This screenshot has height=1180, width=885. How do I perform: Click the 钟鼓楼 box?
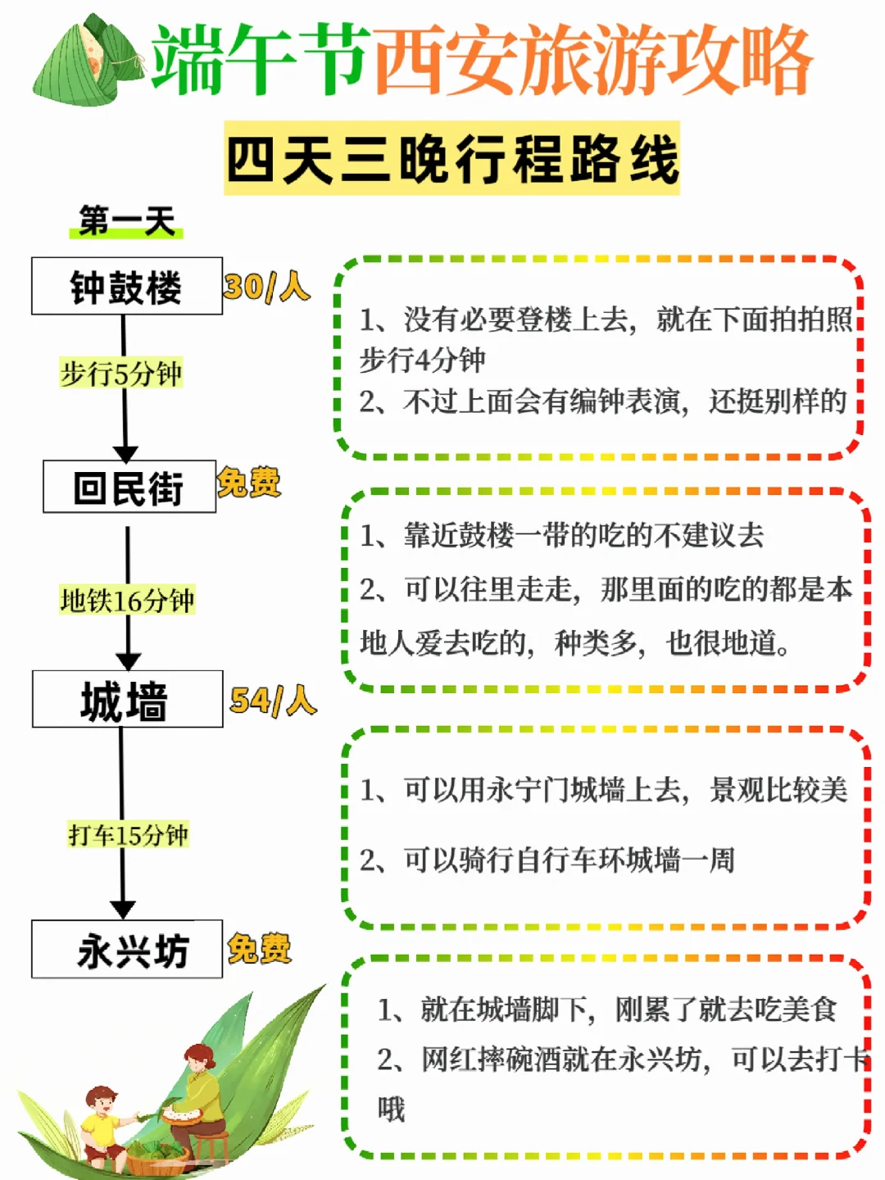(127, 286)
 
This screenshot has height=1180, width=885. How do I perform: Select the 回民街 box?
(129, 487)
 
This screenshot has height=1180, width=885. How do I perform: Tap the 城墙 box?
(127, 700)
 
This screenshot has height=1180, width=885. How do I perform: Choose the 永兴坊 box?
(127, 950)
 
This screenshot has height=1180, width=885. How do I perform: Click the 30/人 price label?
(266, 287)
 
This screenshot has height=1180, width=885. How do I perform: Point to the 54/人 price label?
(273, 701)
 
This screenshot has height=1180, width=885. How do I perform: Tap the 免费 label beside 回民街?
(249, 482)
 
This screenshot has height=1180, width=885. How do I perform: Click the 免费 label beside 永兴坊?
(259, 948)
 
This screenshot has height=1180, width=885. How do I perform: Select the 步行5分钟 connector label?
(121, 374)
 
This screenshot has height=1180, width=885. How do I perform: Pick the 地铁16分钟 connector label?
(127, 601)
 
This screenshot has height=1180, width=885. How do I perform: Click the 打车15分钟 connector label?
(129, 835)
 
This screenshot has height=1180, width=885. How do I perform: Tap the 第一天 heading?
(127, 220)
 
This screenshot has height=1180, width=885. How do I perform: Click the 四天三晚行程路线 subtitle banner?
(452, 158)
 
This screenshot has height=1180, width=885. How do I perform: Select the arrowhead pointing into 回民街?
(125, 453)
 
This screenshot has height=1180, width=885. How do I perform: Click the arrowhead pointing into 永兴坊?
(123, 909)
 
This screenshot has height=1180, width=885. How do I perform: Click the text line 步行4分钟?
(423, 360)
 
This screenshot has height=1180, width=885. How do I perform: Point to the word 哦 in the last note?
(392, 1109)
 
